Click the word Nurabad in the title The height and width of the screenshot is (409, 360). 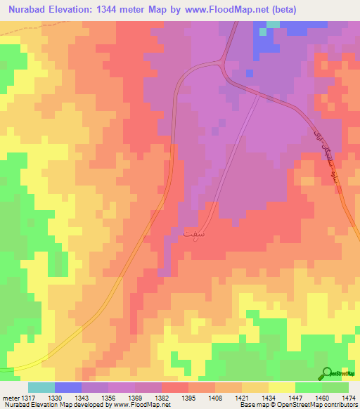[x=30, y=9]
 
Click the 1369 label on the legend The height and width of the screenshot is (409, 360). [x=136, y=397]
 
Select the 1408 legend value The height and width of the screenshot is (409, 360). [x=215, y=397]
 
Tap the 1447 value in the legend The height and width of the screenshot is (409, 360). [x=296, y=397]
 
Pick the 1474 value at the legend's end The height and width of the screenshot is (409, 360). [x=349, y=397]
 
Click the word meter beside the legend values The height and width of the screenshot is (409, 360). [x=8, y=397]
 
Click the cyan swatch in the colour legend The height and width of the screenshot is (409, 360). [x=41, y=387]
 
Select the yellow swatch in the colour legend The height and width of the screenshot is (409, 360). [x=281, y=387]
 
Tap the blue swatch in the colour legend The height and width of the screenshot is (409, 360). [x=67, y=387]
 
